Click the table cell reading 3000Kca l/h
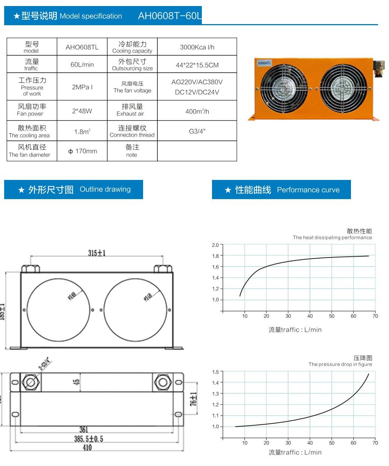coord(197,47)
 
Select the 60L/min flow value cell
coord(82,65)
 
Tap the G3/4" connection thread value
coord(197,131)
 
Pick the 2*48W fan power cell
coord(82,111)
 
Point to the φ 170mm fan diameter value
coord(82,151)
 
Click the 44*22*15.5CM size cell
coord(197,65)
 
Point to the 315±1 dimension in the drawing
coord(97,253)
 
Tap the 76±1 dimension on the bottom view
coord(194,399)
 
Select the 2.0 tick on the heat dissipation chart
coord(215,245)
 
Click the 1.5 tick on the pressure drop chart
coord(215,372)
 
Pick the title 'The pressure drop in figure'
coord(340,364)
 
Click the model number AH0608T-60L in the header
coord(170,16)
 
